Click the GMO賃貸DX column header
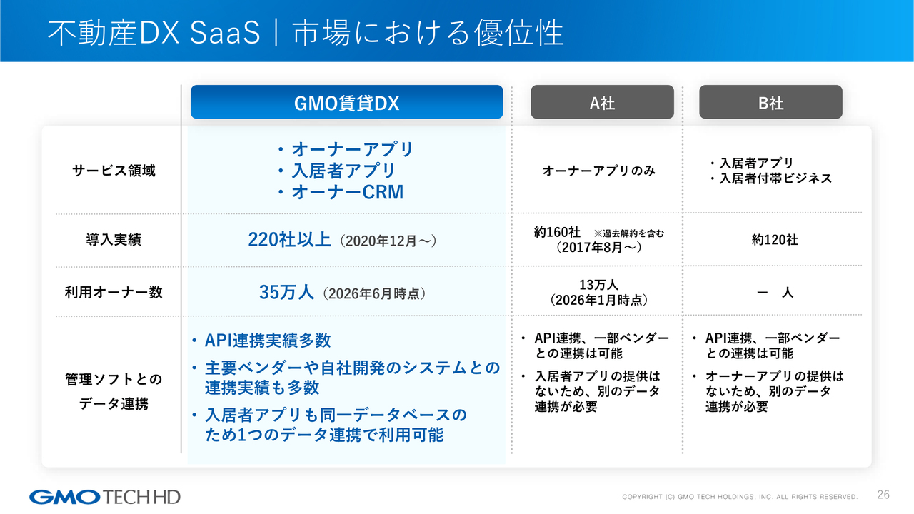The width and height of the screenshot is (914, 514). [346, 102]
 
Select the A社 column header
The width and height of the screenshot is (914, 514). [602, 102]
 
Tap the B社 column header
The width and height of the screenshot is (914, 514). [770, 102]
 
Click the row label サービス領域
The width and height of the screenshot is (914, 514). [114, 171]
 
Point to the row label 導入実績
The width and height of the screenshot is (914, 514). [114, 239]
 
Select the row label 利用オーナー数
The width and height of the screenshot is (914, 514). [114, 292]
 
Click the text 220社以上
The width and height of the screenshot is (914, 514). [289, 239]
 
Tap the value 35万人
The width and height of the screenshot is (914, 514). [286, 292]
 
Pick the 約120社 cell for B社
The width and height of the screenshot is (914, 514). [775, 240]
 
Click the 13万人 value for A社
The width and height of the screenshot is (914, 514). [598, 284]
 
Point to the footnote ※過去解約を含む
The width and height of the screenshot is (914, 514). [629, 233]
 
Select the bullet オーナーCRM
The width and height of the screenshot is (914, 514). [341, 192]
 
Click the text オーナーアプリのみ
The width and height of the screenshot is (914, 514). [598, 171]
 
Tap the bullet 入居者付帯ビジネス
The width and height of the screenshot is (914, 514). [770, 178]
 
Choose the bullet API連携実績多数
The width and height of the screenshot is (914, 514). [261, 341]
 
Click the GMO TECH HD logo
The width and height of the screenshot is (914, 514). [105, 497]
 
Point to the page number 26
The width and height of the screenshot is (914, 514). [883, 495]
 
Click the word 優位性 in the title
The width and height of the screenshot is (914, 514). [518, 32]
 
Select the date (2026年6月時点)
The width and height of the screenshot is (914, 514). [374, 293]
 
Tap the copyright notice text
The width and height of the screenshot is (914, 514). [740, 497]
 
